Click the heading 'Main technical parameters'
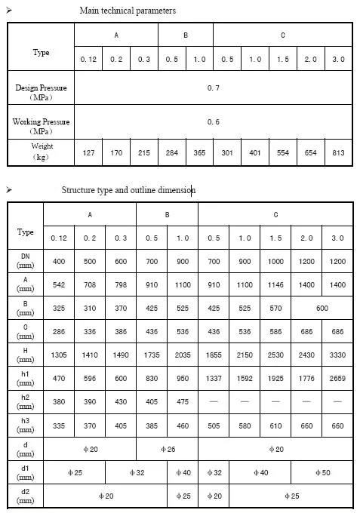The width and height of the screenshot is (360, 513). [x=128, y=11]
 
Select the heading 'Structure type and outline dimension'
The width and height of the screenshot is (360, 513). [x=128, y=190]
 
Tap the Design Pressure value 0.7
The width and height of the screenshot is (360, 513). [x=214, y=88]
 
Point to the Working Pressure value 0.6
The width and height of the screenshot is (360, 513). [x=214, y=121]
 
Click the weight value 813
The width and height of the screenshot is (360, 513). [x=337, y=152]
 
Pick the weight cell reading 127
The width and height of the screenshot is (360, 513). [x=88, y=152]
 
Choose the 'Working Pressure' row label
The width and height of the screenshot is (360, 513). [x=41, y=125]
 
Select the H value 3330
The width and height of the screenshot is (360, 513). [x=337, y=355]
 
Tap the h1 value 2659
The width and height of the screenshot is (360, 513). [x=337, y=379]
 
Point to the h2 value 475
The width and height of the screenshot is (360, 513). [x=183, y=403]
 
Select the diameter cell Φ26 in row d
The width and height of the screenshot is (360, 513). [x=167, y=450]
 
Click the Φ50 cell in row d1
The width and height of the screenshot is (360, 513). [x=322, y=474]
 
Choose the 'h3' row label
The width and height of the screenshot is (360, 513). [x=26, y=427]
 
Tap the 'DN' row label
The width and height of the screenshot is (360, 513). [x=26, y=261]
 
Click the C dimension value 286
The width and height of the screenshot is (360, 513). [x=59, y=331]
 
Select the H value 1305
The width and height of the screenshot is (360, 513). [x=59, y=355]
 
